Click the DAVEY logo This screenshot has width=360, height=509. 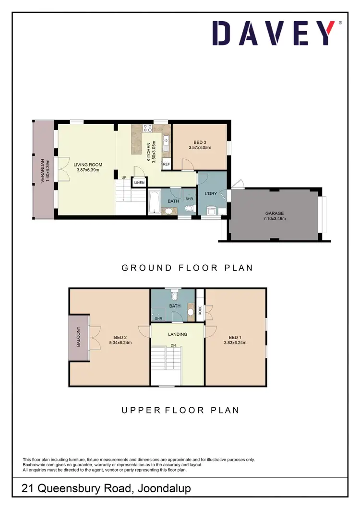[x=274, y=33]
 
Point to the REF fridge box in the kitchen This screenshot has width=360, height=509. [x=167, y=164]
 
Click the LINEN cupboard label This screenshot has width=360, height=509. [x=140, y=183]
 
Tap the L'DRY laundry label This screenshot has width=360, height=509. [x=212, y=193]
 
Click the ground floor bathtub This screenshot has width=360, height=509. [x=154, y=203]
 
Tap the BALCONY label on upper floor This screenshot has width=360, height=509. [x=78, y=337]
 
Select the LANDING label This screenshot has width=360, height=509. [x=178, y=334]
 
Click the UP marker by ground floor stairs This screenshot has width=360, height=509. [x=124, y=178]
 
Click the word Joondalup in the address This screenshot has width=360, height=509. [x=164, y=489]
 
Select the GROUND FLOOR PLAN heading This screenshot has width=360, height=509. [x=187, y=268]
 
